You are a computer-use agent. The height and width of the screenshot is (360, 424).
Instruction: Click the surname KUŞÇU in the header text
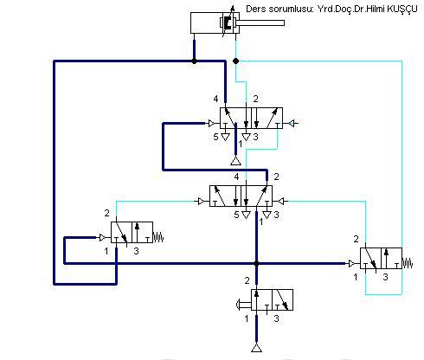pyautogui.click(x=402, y=9)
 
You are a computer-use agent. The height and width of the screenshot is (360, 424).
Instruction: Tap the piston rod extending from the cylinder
pyautogui.click(x=261, y=22)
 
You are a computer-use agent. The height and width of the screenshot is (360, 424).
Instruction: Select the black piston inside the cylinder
pyautogui.click(x=228, y=22)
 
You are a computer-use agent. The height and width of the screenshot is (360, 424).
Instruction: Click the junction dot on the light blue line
pyautogui.click(x=236, y=61)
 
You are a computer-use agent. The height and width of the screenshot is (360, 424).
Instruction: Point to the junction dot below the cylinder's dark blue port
pyautogui.click(x=194, y=61)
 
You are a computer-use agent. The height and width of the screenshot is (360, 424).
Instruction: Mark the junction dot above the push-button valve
pyautogui.click(x=256, y=263)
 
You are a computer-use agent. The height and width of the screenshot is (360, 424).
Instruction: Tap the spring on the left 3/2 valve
pyautogui.click(x=158, y=237)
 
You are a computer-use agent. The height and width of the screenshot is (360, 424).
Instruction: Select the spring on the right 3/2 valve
pyautogui.click(x=408, y=263)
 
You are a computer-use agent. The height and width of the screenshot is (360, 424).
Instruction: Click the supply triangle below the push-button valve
pyautogui.click(x=256, y=348)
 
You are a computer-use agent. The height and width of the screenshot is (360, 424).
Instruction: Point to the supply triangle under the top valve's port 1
pyautogui.click(x=235, y=161)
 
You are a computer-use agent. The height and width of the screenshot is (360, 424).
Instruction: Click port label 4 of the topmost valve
pyautogui.click(x=215, y=99)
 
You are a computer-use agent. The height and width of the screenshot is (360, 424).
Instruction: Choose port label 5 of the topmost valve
pyautogui.click(x=215, y=137)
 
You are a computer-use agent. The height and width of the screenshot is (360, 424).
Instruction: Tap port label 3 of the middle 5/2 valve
pyautogui.click(x=276, y=215)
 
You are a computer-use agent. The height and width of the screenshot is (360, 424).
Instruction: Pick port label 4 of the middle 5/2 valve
pyautogui.click(x=236, y=177)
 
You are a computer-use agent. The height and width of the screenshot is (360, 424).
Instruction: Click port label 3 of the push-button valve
pyautogui.click(x=276, y=318)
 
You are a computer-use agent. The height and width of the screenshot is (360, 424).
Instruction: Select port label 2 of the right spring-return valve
pyautogui.click(x=357, y=239)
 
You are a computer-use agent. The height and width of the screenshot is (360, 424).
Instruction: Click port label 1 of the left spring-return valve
pyautogui.click(x=106, y=251)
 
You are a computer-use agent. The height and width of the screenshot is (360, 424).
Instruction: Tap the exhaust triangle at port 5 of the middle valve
pyautogui.click(x=246, y=215)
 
